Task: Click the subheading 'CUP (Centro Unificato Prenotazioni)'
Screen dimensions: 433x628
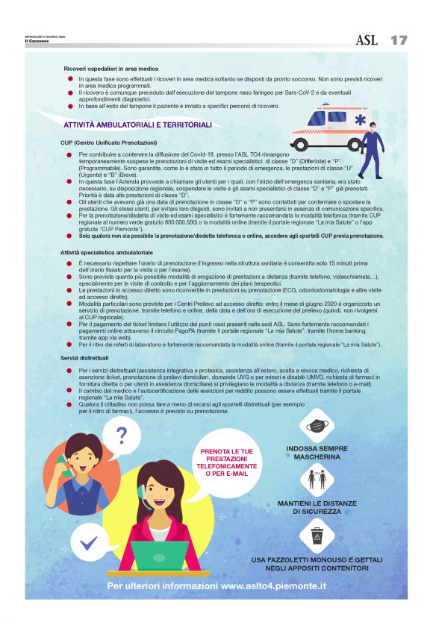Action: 109,142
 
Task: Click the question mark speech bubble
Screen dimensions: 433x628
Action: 121,436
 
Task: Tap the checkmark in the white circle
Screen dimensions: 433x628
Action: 90,541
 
